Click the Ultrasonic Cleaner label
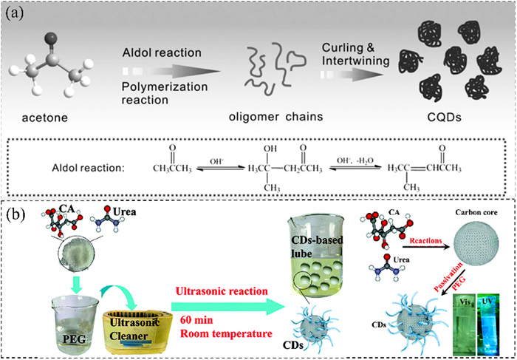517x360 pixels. [134, 322]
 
